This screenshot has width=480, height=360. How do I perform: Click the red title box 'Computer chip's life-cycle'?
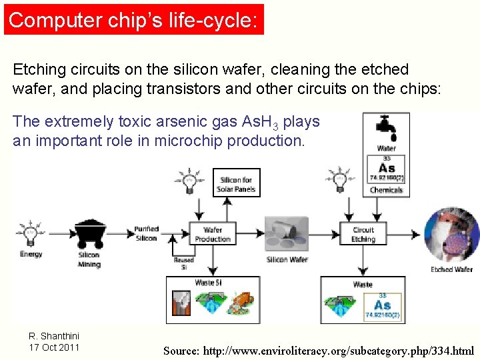tap(133, 19)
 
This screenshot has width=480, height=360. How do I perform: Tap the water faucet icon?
tap(386, 127)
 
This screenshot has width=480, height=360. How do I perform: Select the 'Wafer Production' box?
tap(213, 234)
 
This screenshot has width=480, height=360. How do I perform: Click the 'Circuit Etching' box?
tap(363, 234)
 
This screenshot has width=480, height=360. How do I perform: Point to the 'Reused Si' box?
tap(183, 263)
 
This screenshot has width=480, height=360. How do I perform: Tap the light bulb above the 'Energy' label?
tap(30, 234)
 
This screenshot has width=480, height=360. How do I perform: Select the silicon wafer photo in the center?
tap(287, 233)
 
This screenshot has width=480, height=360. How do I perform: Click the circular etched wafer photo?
tap(451, 233)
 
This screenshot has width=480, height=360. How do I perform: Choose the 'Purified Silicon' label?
tap(145, 233)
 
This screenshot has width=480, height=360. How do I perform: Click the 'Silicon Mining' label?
tap(89, 259)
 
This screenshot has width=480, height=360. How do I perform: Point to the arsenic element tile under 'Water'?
tap(386, 169)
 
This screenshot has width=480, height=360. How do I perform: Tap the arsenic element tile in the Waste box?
tap(382, 305)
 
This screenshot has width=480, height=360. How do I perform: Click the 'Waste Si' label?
tap(208, 283)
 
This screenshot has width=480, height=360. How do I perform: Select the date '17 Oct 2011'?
tap(54, 347)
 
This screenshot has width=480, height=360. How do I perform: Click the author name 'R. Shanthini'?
tap(54, 336)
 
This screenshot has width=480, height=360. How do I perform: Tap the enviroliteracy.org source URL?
tap(319, 350)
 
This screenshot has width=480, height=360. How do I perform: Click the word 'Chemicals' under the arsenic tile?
tap(386, 190)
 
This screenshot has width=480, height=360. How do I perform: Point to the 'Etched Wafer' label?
tap(451, 269)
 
